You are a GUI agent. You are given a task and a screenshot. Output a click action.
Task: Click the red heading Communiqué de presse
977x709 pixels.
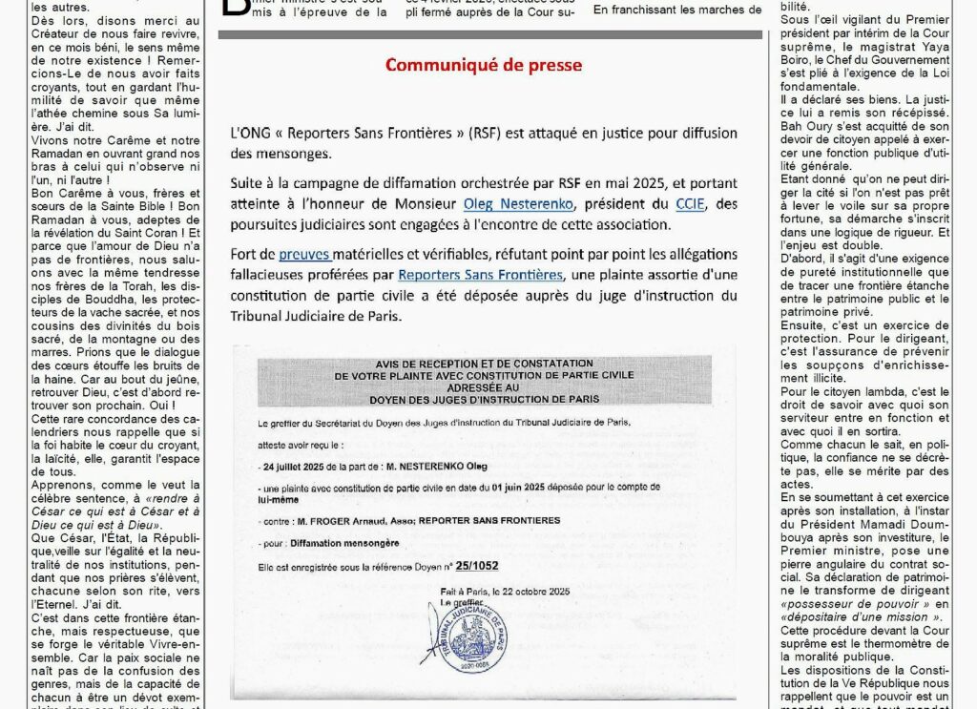tap(484, 65)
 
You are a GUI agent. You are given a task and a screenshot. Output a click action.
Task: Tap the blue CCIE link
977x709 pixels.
tap(688, 203)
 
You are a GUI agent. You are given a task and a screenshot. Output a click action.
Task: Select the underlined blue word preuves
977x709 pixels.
tap(304, 254)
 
